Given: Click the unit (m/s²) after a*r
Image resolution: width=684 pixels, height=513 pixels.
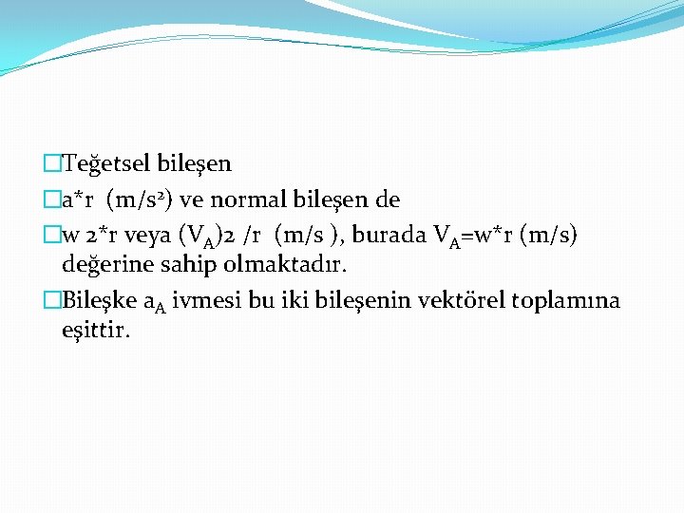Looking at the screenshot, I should point(139,199).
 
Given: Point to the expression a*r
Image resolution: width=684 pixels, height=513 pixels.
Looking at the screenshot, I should point(78,199).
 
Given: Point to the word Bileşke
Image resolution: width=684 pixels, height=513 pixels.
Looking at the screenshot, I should point(98,301).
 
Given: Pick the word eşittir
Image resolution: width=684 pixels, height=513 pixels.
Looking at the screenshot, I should point(96,331).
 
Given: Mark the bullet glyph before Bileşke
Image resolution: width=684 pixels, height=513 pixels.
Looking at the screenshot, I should point(51,301).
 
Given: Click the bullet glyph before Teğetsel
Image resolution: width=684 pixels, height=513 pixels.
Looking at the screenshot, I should point(51,163).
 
